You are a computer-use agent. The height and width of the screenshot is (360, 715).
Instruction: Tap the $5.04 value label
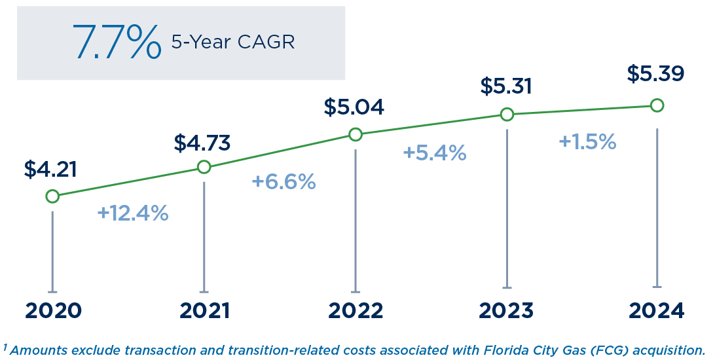pos(354,107)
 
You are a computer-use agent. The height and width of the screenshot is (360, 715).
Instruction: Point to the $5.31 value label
pos(505,86)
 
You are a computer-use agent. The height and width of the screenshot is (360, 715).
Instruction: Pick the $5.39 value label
pos(655,73)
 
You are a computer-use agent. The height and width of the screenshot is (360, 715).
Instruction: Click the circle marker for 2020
pos(52,196)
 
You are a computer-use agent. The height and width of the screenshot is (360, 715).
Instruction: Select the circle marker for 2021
pos(204,167)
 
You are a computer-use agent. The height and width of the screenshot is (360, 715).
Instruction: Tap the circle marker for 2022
pos(356,134)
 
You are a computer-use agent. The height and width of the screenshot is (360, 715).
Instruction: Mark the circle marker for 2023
pos(507,115)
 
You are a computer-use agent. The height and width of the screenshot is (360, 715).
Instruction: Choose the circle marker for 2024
pos(657,105)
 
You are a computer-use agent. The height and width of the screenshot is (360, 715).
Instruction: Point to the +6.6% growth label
pos(284,182)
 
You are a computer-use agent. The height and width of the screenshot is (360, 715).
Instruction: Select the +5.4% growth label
pos(434,153)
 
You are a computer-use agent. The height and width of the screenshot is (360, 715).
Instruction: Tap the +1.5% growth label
pos(587,141)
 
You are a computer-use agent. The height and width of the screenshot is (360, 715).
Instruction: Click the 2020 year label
pos(53,310)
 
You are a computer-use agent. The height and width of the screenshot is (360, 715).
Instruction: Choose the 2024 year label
pos(656,310)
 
